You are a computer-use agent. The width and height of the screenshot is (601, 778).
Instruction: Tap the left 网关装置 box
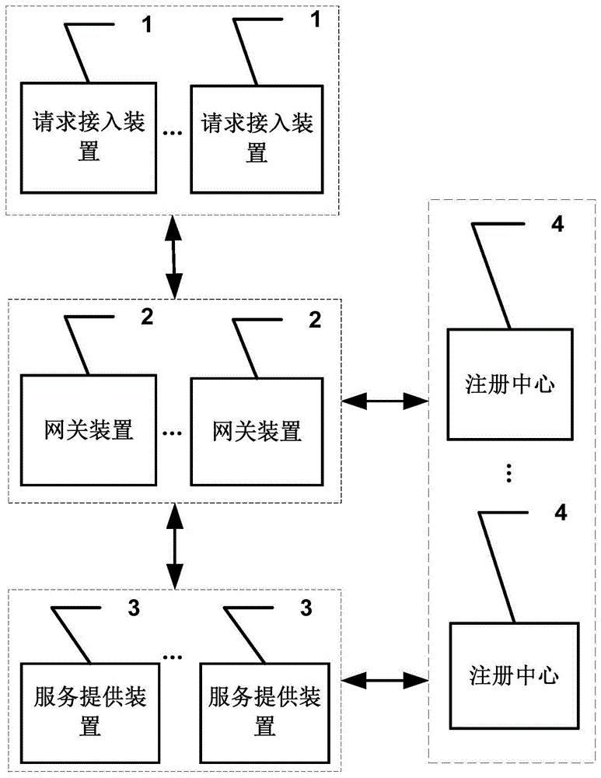click(x=88, y=429)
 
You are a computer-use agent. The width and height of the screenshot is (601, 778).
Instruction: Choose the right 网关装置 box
click(x=257, y=429)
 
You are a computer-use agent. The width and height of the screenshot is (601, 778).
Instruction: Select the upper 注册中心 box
click(x=510, y=386)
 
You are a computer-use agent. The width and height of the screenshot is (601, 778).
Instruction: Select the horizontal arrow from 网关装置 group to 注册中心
click(x=385, y=401)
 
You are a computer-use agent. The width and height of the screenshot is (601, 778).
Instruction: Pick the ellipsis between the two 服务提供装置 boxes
click(x=173, y=657)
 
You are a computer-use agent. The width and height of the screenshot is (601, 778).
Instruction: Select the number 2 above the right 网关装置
click(x=315, y=319)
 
